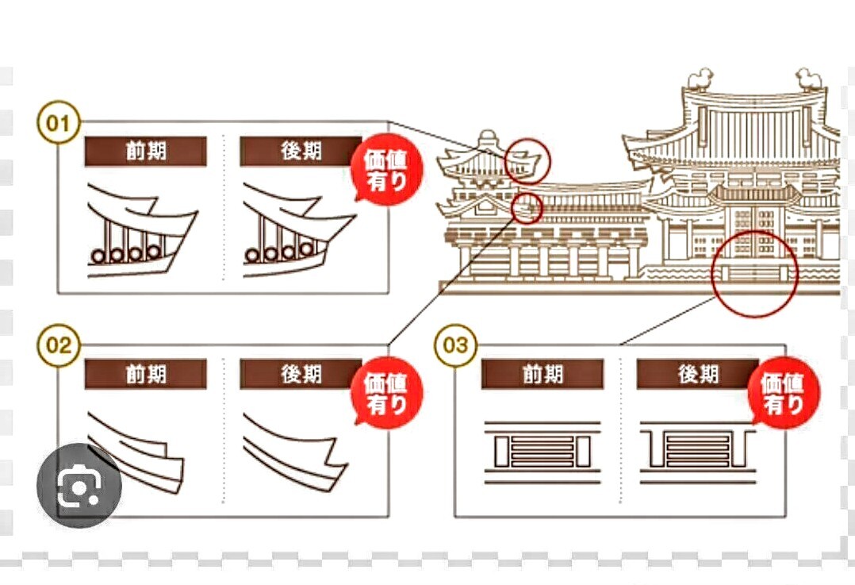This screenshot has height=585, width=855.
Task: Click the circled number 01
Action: pyautogui.click(x=59, y=123)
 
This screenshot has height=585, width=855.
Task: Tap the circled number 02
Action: pyautogui.click(x=59, y=345)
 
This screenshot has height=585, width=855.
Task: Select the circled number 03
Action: pyautogui.click(x=455, y=345)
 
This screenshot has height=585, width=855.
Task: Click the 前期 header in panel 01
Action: pyautogui.click(x=146, y=151)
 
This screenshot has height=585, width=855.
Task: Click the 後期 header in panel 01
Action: pyautogui.click(x=301, y=151)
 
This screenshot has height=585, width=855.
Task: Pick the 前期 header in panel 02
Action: pyautogui.click(x=146, y=375)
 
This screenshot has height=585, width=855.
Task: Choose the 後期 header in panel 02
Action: pyautogui.click(x=301, y=375)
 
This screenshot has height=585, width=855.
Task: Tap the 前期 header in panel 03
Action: pyautogui.click(x=543, y=375)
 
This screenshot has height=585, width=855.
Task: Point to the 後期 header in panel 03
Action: pyautogui.click(x=698, y=375)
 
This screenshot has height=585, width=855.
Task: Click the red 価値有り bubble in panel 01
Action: pyautogui.click(x=387, y=169)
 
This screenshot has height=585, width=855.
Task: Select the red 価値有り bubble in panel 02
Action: pyautogui.click(x=387, y=393)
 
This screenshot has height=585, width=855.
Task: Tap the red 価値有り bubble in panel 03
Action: pyautogui.click(x=784, y=393)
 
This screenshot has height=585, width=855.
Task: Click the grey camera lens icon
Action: pyautogui.click(x=79, y=485)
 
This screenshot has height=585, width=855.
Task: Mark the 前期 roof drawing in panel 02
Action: pyautogui.click(x=136, y=453)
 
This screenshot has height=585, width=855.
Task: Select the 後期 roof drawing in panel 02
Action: pyautogui.click(x=295, y=453)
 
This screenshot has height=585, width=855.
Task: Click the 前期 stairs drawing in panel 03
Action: pyautogui.click(x=543, y=452)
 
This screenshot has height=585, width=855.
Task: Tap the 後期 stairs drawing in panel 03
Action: pyautogui.click(x=698, y=452)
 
